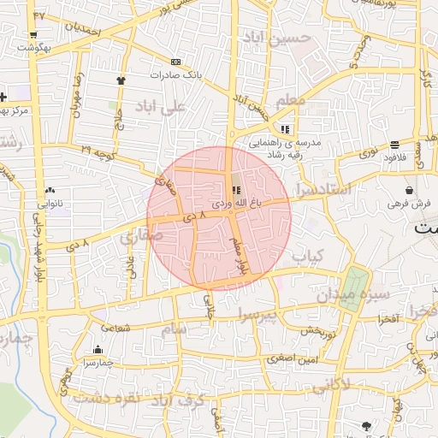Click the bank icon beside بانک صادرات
click(x=176, y=62)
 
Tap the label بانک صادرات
click(x=175, y=74)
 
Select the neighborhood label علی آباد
click(x=160, y=107)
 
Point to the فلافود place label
click(x=394, y=157)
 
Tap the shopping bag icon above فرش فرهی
click(x=409, y=190)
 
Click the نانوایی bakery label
click(x=50, y=204)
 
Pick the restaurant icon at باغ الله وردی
click(x=236, y=190)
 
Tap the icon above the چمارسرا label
click(x=98, y=349)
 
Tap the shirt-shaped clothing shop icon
click(x=121, y=80)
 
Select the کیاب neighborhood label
click(x=309, y=256)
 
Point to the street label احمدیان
click(x=83, y=31)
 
